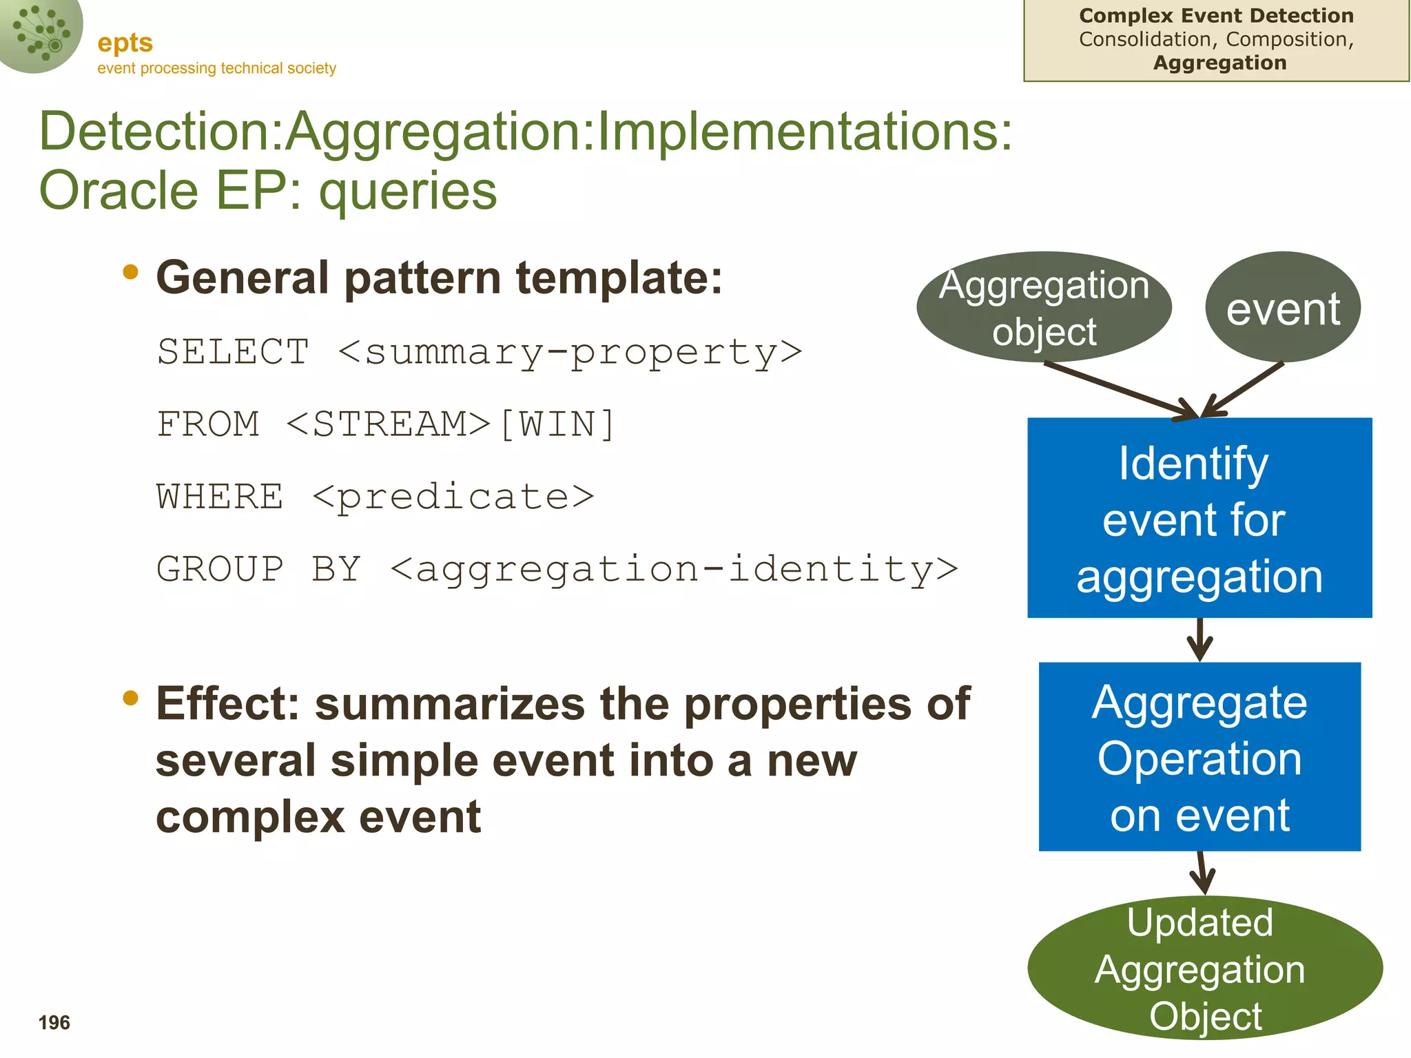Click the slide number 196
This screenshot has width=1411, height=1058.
(x=54, y=1023)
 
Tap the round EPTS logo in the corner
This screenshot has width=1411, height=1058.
(x=40, y=31)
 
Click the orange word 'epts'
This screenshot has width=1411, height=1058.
(x=125, y=43)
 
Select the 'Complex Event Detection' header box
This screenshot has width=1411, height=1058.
(x=1216, y=40)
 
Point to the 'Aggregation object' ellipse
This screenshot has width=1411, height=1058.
(x=1044, y=307)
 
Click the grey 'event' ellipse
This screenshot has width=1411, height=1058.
(x=1283, y=307)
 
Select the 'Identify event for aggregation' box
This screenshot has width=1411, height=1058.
(x=1199, y=518)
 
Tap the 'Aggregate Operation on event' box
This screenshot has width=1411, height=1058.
(x=1199, y=757)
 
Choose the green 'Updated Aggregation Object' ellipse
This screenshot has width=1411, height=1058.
(x=1205, y=968)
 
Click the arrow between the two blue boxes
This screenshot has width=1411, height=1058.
(x=1199, y=640)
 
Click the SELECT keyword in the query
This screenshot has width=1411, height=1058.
(x=233, y=352)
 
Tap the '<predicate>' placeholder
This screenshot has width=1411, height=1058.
(x=453, y=497)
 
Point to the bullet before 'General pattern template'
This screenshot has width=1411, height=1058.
(x=130, y=273)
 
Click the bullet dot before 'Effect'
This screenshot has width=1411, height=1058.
(x=130, y=698)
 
